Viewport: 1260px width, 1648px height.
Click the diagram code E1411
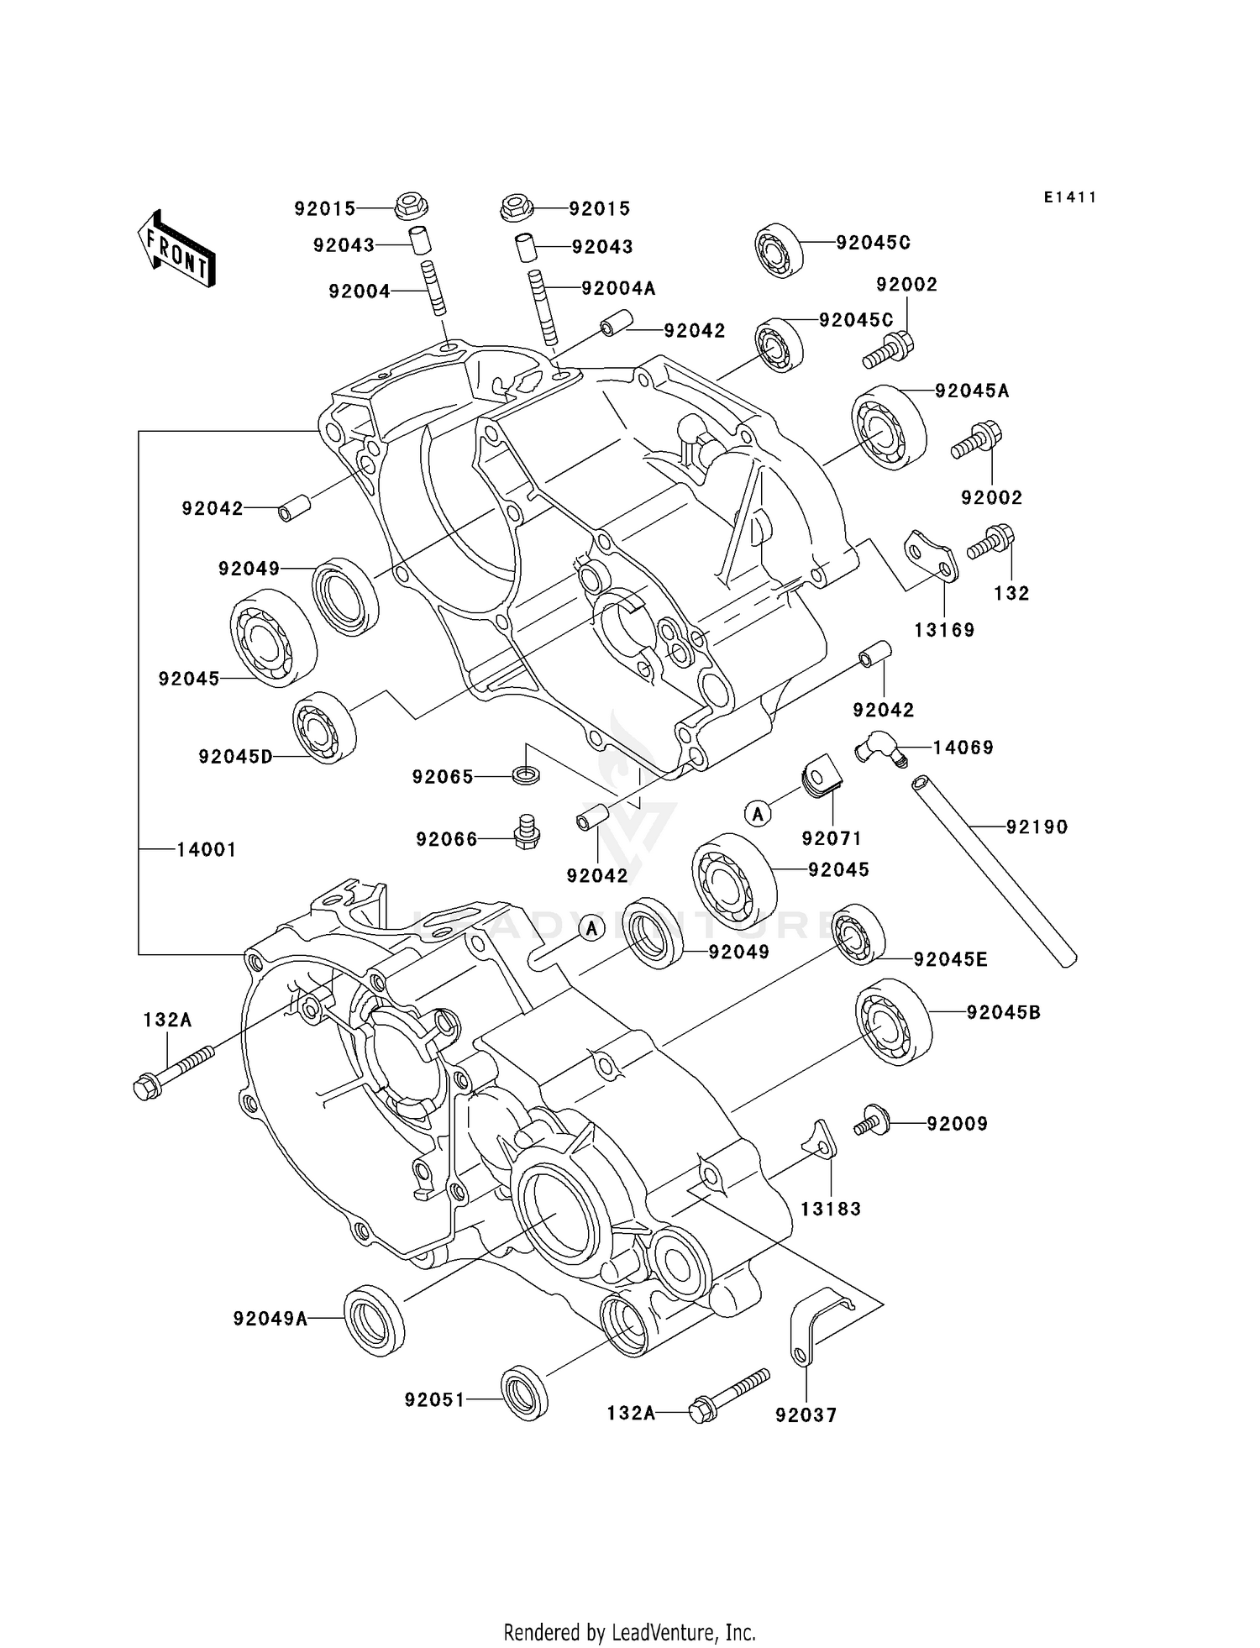(x=1070, y=197)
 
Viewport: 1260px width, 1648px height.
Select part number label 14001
(x=206, y=849)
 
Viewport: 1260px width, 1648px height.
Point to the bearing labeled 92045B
(x=894, y=1021)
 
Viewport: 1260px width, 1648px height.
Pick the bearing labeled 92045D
(x=324, y=727)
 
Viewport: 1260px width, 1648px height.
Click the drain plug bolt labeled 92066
(x=526, y=831)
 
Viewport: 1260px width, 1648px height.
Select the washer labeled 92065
(x=526, y=774)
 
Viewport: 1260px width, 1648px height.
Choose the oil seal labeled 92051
(x=524, y=1393)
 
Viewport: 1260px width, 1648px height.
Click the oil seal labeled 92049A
(x=375, y=1320)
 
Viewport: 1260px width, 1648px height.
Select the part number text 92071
(x=832, y=838)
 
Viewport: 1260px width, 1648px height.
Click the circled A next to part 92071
(x=758, y=812)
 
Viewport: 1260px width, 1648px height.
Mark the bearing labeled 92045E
(x=858, y=934)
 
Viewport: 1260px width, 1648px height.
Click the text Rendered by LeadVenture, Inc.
(x=629, y=1632)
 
